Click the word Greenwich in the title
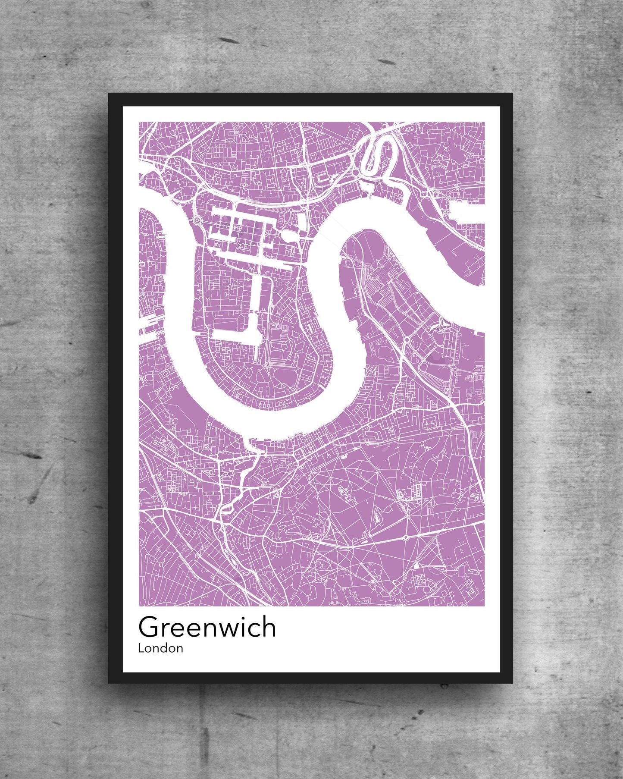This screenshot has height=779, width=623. [x=207, y=627]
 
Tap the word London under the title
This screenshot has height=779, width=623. [x=160, y=648]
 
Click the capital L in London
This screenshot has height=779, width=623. [x=141, y=648]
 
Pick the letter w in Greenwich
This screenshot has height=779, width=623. [x=225, y=629]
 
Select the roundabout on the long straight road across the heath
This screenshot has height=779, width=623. [x=406, y=537]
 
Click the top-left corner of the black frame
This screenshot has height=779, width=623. [x=109, y=94]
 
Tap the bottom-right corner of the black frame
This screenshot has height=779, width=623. [x=513, y=683]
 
